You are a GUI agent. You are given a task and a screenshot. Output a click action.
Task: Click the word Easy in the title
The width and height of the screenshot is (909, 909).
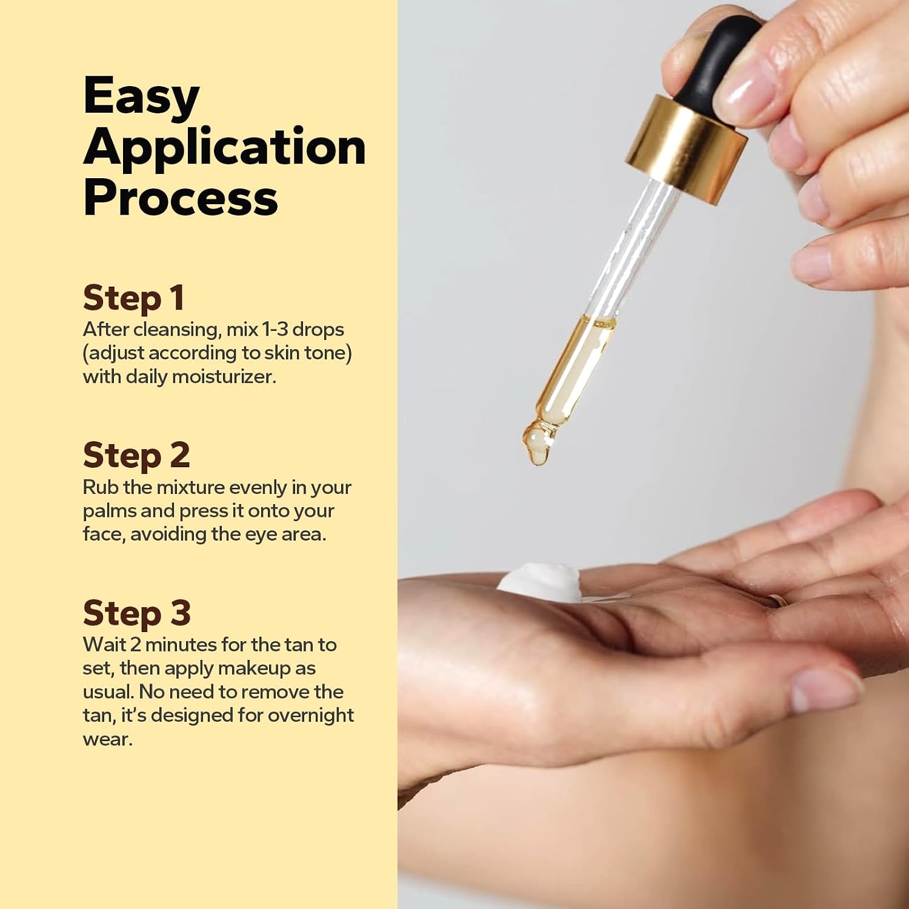[x=141, y=96]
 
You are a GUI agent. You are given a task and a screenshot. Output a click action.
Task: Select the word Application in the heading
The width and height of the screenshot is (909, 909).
[x=224, y=147]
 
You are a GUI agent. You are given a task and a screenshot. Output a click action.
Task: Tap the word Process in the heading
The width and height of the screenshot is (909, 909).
[x=180, y=198]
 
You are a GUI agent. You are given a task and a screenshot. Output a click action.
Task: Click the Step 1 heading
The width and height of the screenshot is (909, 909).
[x=133, y=298]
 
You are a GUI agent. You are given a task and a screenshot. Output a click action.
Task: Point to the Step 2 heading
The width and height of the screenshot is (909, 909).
[x=136, y=456]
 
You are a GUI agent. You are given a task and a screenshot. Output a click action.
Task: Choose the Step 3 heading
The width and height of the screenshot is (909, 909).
[x=137, y=613]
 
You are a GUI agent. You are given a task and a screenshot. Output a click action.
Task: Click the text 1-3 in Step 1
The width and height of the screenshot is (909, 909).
[x=275, y=329]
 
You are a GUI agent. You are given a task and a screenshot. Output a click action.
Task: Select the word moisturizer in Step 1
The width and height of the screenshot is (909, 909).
[x=224, y=376]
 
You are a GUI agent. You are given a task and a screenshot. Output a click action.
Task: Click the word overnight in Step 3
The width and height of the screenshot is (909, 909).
[x=311, y=716]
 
